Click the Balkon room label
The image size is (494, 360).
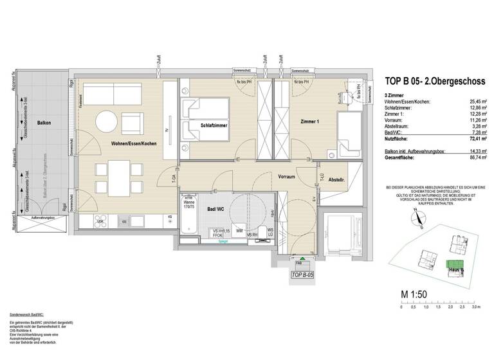click(44, 122)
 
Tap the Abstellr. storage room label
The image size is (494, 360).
click(338, 180)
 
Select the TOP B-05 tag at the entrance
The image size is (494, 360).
click(302, 274)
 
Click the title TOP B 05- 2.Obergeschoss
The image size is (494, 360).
click(430, 81)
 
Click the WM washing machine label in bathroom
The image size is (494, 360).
click(239, 230)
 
